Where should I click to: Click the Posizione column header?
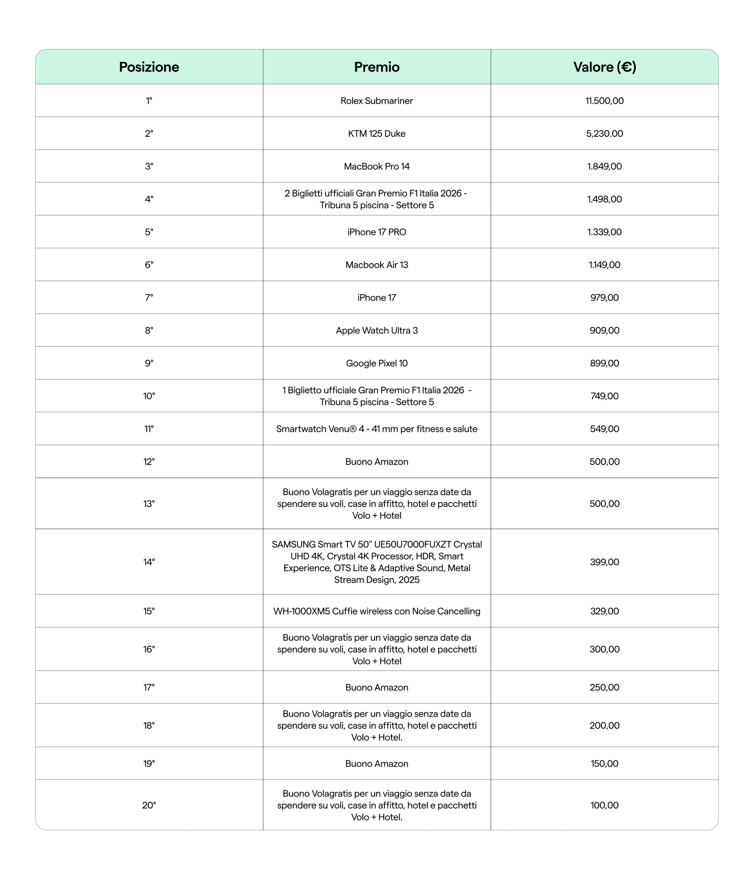coord(149,67)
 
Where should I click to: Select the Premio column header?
coord(377,67)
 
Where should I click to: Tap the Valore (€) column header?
coord(604,67)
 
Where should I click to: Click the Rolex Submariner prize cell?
coord(377,101)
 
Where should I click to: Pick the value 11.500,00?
coord(604,101)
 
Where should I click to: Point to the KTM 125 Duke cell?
coord(377,134)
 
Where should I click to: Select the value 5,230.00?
coord(604,134)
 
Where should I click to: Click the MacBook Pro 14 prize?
coord(377,166)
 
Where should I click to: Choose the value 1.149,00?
coord(604,265)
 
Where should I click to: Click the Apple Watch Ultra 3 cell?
coord(377,330)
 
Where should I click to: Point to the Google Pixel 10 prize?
coord(377,363)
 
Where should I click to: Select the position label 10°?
coord(149,396)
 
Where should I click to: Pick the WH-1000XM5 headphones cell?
coord(377,611)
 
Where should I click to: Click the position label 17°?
coord(149,687)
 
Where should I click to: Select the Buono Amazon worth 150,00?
coord(377,763)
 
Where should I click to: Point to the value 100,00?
coord(604,805)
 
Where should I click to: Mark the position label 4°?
coord(149,199)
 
